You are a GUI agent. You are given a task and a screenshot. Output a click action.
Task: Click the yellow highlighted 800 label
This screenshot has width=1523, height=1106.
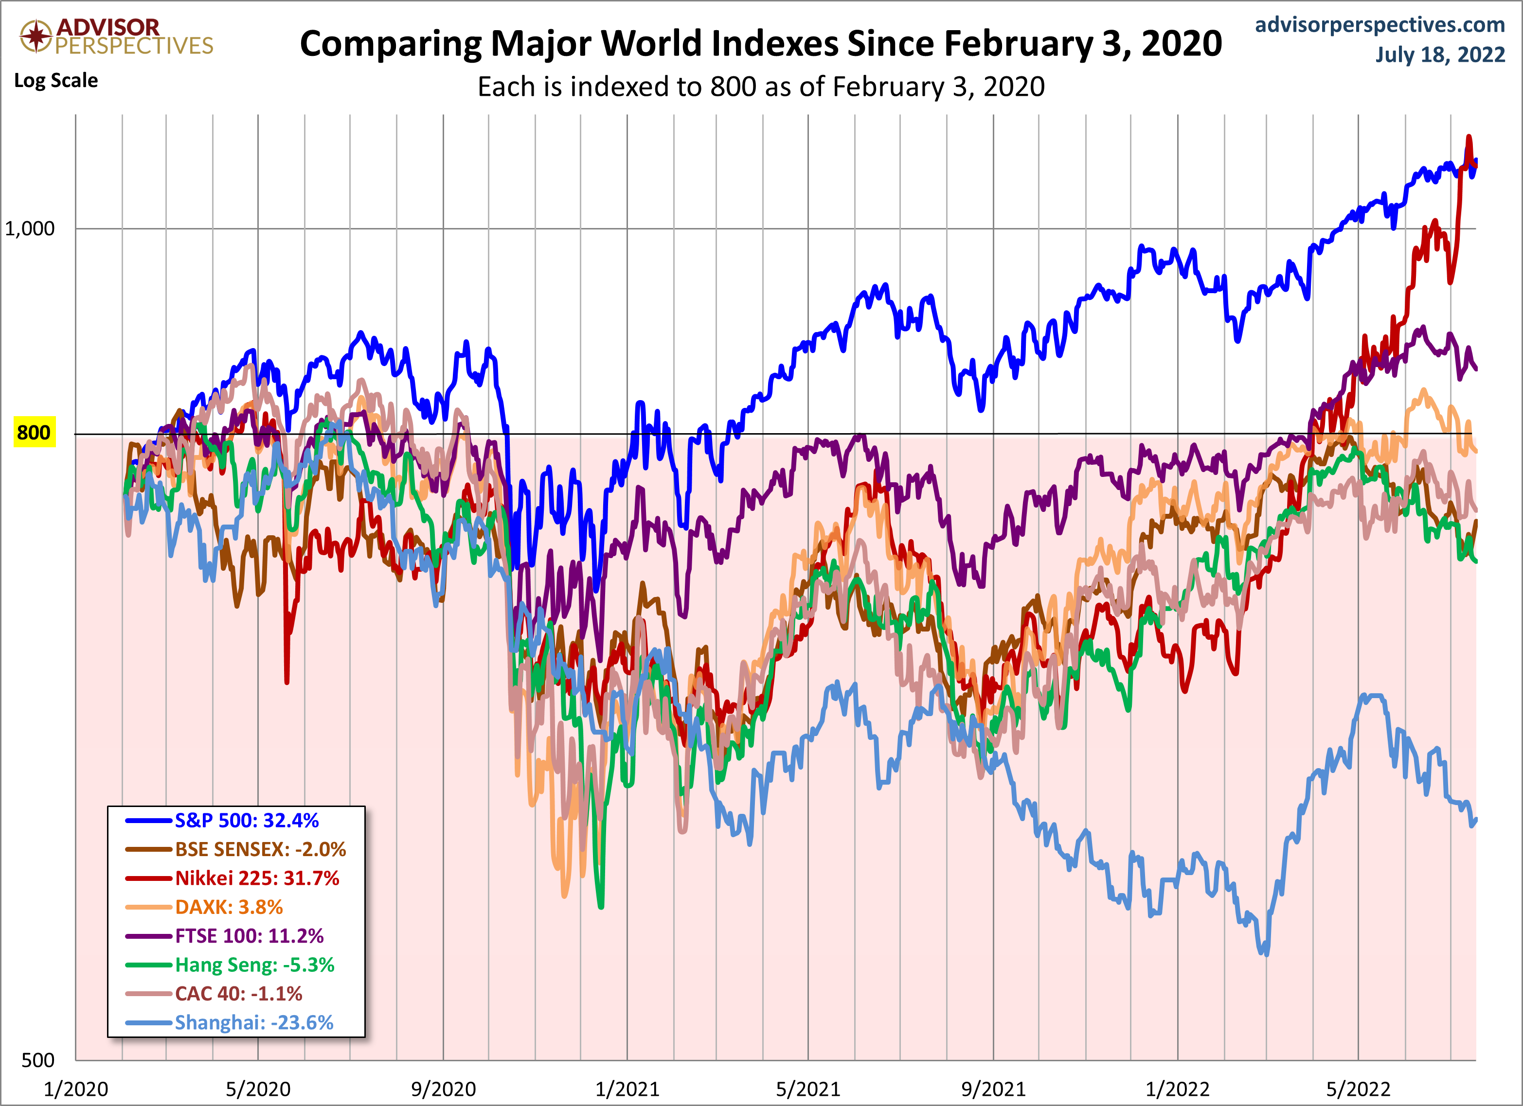click(x=34, y=433)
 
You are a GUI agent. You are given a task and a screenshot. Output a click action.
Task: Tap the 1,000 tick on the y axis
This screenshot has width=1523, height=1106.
click(x=30, y=229)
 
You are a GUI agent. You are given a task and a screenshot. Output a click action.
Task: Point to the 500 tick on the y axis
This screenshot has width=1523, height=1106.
click(x=37, y=1060)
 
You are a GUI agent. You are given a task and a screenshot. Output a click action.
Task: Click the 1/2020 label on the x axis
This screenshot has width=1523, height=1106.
click(x=75, y=1088)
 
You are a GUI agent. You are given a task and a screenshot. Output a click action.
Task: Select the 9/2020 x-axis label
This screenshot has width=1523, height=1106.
click(x=443, y=1088)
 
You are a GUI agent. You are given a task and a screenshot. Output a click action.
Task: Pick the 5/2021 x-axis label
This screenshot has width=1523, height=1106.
click(x=808, y=1088)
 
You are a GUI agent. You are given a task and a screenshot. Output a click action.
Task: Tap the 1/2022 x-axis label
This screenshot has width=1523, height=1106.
click(x=1177, y=1088)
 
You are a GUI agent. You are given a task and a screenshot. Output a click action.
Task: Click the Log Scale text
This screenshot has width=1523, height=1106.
click(x=56, y=81)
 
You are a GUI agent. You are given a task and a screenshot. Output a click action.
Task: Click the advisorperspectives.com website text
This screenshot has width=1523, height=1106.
click(x=1380, y=25)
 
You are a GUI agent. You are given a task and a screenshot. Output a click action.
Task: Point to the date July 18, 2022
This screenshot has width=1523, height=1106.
click(x=1440, y=54)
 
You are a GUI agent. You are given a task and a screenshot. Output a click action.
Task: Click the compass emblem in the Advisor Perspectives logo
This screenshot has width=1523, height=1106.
click(x=36, y=35)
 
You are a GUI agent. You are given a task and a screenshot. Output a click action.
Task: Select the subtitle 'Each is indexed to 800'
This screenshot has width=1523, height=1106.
click(x=761, y=87)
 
